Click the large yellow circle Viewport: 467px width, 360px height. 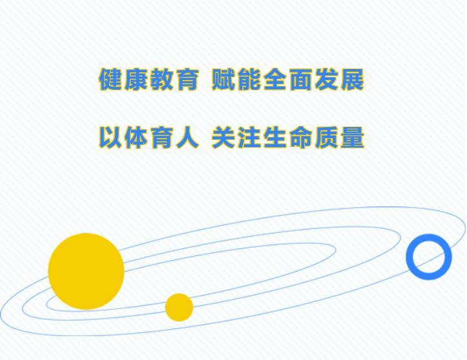86,271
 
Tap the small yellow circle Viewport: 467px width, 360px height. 179,307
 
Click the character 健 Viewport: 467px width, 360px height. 110,79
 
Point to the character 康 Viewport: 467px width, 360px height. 136,79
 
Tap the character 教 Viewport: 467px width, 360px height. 161,79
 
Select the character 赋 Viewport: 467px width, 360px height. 223,79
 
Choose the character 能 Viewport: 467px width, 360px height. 249,79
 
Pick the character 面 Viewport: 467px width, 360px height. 301,79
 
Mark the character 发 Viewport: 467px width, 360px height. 327,79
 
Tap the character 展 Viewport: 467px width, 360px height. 353,79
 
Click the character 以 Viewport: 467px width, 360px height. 110,137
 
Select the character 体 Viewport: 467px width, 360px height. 136,137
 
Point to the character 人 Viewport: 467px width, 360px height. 187,137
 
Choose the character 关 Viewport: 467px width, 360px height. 223,137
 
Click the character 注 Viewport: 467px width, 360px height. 249,137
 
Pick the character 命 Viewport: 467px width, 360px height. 301,137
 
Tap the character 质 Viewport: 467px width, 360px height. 327,137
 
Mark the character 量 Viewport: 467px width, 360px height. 353,137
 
